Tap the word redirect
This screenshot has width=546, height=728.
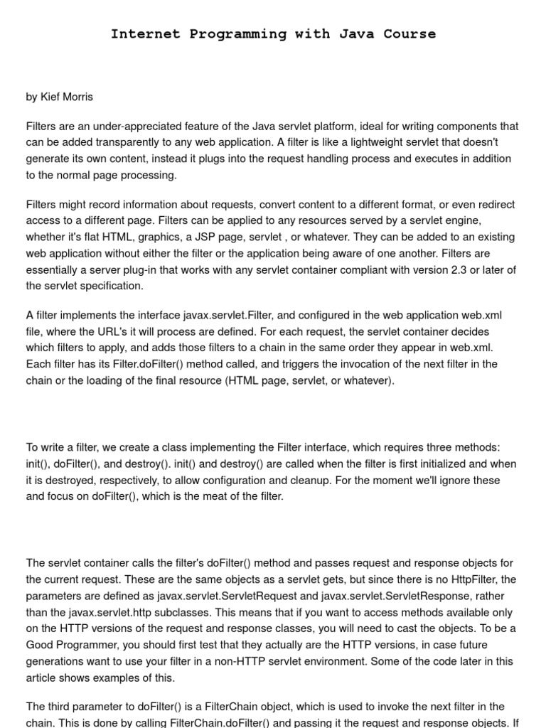pyautogui.click(x=496, y=205)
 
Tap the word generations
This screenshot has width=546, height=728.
pyautogui.click(x=56, y=661)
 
